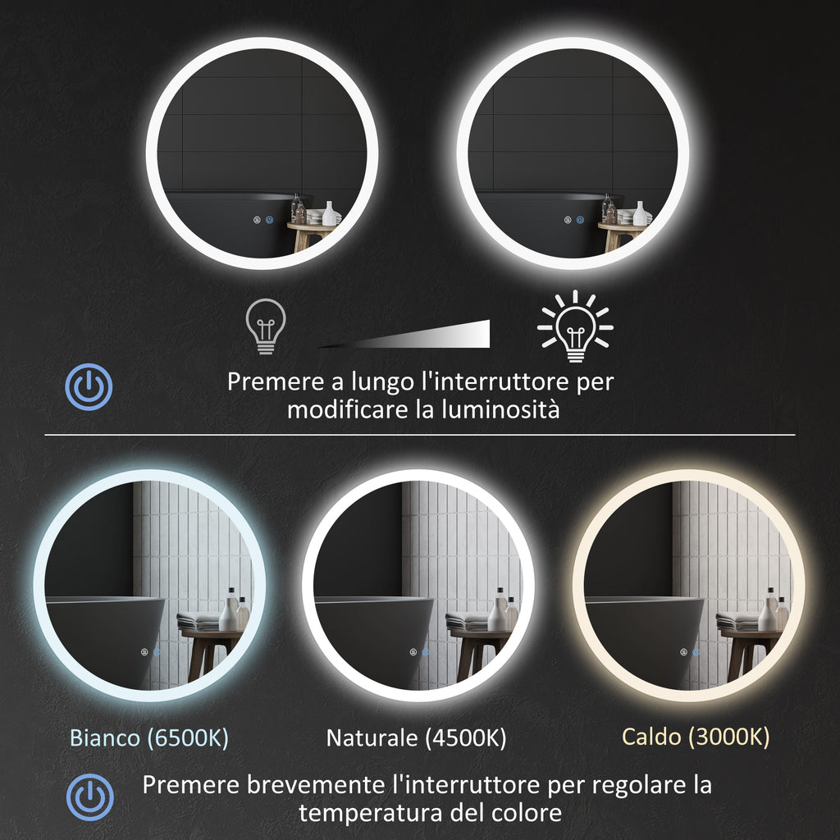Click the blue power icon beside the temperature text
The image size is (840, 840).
pos(89,797)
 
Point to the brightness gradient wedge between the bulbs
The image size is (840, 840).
pos(427,335)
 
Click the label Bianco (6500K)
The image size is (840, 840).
pos(148,737)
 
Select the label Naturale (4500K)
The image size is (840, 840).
pos(416,737)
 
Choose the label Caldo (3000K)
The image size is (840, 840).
pos(696,737)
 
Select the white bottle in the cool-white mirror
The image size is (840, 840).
pos(230,613)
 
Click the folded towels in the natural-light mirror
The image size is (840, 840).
pos(468,622)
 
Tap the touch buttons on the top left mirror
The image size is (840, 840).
pos(264,221)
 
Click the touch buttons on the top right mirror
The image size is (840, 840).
pos(574,221)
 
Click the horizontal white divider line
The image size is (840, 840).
pos(420,435)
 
